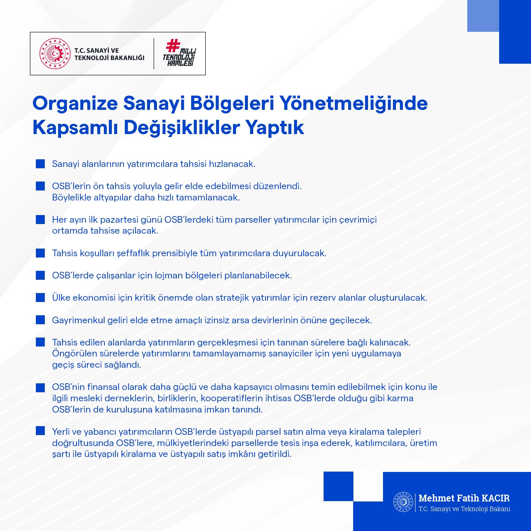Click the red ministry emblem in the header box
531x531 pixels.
click(55, 53)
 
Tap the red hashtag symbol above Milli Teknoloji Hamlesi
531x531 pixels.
click(173, 45)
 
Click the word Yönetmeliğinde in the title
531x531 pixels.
click(353, 103)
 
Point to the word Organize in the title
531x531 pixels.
click(75, 103)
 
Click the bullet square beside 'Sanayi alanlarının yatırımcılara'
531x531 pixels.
click(40, 164)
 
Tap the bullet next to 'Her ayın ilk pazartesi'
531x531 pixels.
click(40, 219)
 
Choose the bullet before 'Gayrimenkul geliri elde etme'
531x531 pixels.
click(40, 320)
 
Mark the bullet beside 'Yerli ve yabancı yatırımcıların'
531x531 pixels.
click(40, 431)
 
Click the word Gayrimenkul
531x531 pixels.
click(78, 320)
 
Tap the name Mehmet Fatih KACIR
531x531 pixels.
click(464, 498)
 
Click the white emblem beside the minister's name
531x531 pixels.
click(403, 502)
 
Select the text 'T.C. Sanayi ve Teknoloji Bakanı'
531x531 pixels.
click(464, 509)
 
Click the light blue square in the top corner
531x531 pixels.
click(483, 16)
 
